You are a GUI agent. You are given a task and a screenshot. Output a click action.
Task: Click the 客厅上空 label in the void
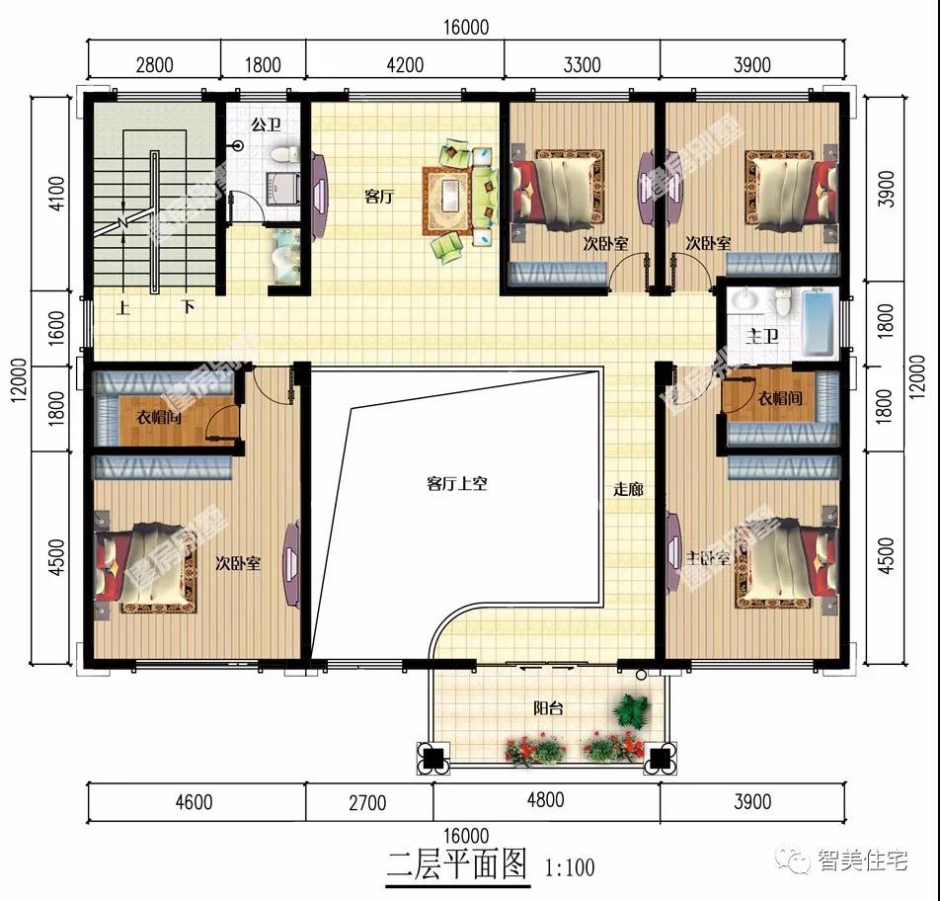click(x=457, y=484)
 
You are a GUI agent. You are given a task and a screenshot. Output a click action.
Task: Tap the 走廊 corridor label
click(x=629, y=489)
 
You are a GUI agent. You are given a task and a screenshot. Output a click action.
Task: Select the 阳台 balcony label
click(x=549, y=708)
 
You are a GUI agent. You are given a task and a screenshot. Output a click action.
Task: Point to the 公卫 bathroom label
click(x=266, y=125)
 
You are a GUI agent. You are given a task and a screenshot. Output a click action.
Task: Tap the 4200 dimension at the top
click(x=405, y=66)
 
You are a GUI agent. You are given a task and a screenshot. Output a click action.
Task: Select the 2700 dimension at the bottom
click(x=367, y=802)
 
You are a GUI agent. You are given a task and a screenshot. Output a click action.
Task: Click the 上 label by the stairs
click(x=124, y=307)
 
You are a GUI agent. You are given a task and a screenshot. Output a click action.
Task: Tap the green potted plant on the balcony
click(x=630, y=708)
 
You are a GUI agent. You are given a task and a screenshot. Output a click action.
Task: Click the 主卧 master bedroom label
click(x=707, y=558)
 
